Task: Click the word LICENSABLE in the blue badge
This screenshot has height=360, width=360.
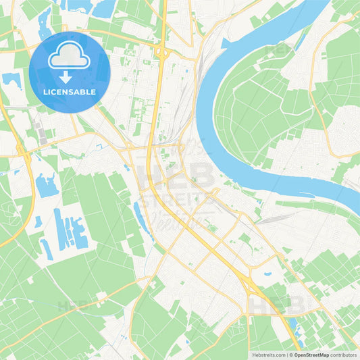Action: point(70,91)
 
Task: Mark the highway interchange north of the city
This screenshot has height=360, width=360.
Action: point(162,52)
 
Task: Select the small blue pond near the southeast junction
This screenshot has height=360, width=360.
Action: point(267,274)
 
